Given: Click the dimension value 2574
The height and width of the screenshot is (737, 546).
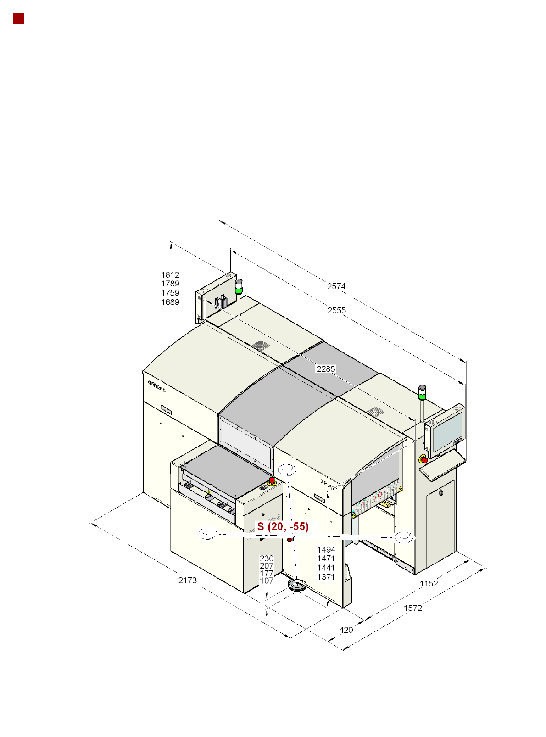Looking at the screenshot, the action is pos(336,286).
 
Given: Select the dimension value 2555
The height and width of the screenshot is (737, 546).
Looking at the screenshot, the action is pos(336,310).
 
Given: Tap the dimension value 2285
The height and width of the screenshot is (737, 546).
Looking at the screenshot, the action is pos(325,369).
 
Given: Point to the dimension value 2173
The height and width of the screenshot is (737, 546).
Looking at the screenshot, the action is pos(187,580).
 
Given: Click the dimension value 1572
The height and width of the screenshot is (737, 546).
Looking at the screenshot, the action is pos(412,608).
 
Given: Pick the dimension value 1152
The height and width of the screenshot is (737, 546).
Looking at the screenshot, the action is pos(429,583).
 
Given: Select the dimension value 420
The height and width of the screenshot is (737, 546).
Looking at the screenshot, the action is pos(345,630).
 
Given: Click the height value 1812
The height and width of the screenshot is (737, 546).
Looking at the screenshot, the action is pos(170,275).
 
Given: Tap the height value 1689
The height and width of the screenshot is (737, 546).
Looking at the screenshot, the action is pos(170,302).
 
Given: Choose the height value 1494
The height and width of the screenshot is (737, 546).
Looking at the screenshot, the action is pos(326,550).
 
